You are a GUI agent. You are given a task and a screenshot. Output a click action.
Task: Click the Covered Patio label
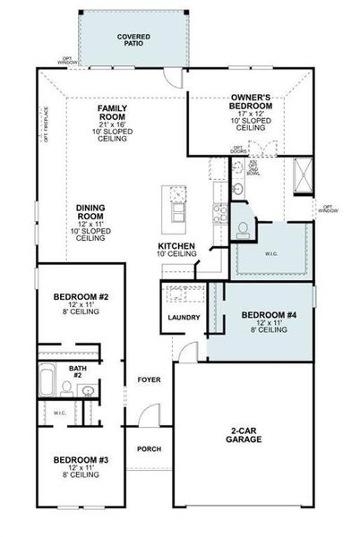(134, 40)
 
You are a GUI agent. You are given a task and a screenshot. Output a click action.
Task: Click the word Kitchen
(176, 246)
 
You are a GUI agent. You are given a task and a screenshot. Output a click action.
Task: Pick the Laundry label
(183, 317)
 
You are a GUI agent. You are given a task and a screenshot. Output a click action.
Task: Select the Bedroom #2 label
(81, 296)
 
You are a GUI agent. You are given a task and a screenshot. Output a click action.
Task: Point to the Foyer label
(149, 379)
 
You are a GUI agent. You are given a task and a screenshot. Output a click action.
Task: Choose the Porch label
(148, 449)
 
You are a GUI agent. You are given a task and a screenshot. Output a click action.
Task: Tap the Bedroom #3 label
(81, 459)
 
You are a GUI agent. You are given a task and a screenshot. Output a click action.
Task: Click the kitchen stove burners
(217, 212)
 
